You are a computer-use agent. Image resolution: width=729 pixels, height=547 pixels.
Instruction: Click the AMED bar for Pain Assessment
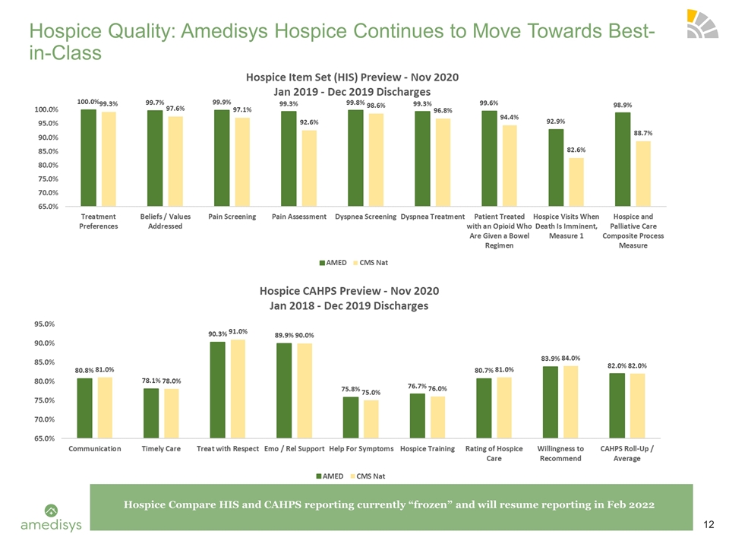coord(289,158)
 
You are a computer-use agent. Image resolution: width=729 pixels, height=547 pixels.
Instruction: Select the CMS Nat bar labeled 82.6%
coord(576,182)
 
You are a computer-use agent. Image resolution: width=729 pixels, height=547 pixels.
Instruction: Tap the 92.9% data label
coord(556,122)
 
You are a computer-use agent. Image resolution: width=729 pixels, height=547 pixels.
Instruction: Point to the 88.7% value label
coord(643,133)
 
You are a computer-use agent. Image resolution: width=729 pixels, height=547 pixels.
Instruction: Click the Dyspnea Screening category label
coord(366,217)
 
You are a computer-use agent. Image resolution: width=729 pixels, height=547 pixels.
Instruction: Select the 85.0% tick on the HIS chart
coord(46,151)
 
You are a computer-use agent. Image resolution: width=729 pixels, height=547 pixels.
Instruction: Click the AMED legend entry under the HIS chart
coord(333,263)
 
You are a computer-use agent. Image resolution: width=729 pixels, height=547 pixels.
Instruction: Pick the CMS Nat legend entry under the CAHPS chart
coord(368,476)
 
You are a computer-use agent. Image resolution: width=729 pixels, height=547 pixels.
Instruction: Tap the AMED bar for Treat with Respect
coord(218,390)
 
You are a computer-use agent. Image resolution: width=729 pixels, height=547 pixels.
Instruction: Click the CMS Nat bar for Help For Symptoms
coord(371,419)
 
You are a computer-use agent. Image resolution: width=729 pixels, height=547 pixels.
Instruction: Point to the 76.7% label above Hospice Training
coord(417,386)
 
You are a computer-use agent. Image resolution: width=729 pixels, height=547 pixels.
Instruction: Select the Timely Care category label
coord(161,449)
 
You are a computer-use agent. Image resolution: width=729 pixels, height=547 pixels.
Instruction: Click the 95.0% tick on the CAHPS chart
coord(44,324)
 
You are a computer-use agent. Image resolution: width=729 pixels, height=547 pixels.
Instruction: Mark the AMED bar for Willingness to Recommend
coord(551,403)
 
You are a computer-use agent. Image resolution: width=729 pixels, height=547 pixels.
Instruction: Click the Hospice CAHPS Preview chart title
coord(349,298)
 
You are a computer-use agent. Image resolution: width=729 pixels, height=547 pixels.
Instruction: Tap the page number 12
coord(708,525)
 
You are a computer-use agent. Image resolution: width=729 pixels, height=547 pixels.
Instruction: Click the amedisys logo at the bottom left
coord(51,517)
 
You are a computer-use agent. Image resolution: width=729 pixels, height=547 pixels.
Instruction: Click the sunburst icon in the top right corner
coord(702,24)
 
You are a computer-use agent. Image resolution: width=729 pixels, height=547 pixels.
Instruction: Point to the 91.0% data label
coord(238,332)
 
